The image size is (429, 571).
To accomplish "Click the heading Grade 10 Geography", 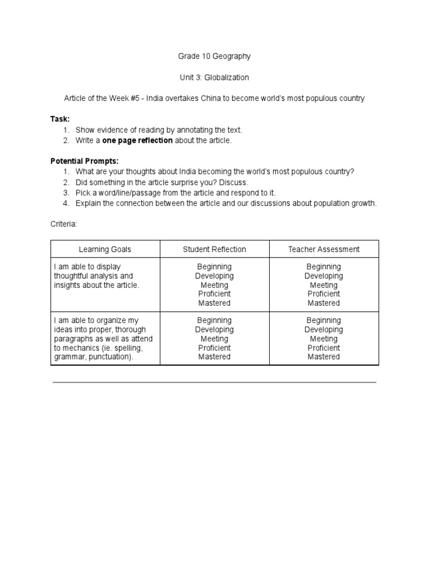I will point(214,56).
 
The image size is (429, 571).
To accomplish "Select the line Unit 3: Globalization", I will point(214,78).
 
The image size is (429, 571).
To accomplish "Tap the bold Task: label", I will point(60,119).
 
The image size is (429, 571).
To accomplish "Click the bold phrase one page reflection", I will point(137,140).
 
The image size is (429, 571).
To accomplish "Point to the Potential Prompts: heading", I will point(84,161).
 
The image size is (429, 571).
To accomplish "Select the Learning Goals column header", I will point(105,249).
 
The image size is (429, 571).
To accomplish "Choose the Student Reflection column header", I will point(214,249).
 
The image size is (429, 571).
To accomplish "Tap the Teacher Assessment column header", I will point(323,249).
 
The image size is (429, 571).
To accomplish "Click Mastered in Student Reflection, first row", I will point(214,303).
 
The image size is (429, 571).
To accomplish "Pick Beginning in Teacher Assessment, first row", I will point(323,267).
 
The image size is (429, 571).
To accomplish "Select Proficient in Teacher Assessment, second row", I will point(323,347).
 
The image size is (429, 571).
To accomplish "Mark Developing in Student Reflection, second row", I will point(214,330).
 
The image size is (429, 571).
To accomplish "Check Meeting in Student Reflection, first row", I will point(214,285).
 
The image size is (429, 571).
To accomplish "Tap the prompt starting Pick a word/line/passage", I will point(175,192).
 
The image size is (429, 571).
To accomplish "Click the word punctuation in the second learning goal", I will point(112,357).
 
